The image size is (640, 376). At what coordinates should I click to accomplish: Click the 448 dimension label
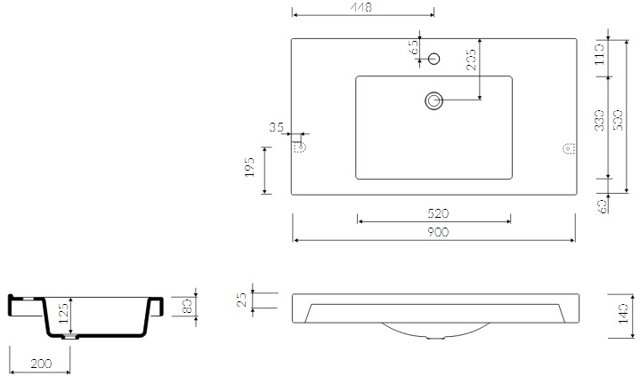tap(361, 7)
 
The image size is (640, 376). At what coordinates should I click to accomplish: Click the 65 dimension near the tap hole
tap(414, 48)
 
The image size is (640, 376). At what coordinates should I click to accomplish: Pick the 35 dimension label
tap(276, 128)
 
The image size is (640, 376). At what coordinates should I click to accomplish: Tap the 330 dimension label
tap(598, 120)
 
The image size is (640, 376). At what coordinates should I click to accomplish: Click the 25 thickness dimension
tap(241, 300)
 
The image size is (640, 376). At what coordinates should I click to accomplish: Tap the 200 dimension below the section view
tap(38, 364)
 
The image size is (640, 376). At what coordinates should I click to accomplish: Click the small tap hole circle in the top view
tap(433, 59)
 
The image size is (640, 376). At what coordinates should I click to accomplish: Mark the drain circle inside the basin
tap(434, 101)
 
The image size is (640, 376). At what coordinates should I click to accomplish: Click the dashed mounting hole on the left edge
tap(300, 147)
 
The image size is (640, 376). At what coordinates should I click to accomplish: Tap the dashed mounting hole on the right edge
tap(568, 149)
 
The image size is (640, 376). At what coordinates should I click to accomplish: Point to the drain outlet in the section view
tap(69, 338)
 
